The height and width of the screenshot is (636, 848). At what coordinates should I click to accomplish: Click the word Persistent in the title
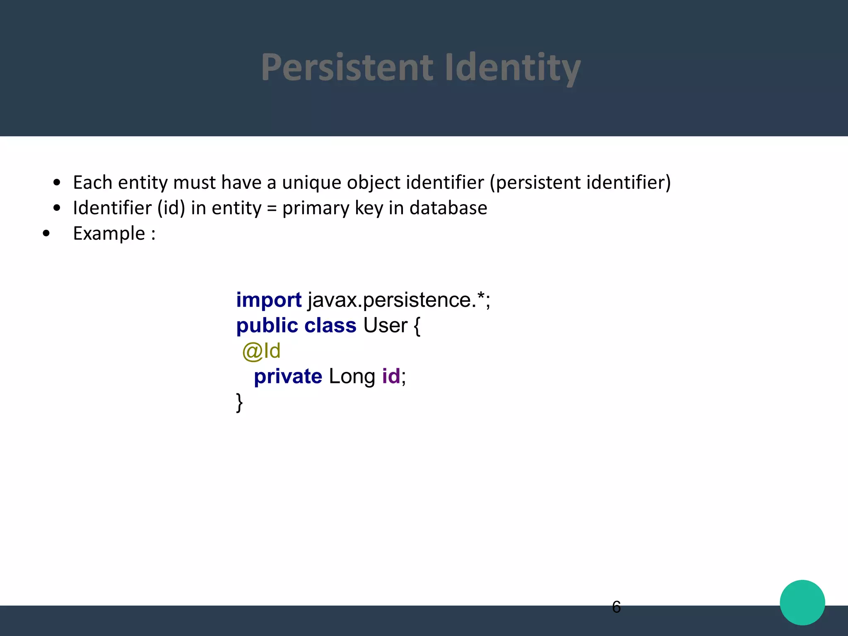[347, 67]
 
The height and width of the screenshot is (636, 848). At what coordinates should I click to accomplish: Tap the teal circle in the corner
[802, 602]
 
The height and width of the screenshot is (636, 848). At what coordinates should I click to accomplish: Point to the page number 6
[616, 607]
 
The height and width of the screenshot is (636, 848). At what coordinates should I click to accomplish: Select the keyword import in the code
[269, 300]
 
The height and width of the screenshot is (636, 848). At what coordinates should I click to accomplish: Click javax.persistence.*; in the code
[399, 300]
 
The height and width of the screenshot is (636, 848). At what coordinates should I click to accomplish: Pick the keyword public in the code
[267, 325]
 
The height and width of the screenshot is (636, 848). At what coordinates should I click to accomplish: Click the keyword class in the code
[330, 325]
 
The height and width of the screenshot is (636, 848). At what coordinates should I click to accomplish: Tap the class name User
[385, 325]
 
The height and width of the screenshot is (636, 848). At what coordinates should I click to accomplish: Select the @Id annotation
[261, 351]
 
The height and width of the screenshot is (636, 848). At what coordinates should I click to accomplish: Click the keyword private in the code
[288, 377]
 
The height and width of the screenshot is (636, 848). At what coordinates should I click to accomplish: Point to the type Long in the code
[352, 377]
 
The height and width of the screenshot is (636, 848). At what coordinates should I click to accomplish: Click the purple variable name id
[391, 376]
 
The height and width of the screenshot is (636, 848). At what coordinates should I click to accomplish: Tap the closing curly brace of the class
[239, 402]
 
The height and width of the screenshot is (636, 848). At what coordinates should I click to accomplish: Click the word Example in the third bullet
[109, 234]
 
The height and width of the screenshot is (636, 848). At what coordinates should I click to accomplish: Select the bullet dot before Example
[46, 234]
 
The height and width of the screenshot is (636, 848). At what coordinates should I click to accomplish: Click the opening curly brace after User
[417, 326]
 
